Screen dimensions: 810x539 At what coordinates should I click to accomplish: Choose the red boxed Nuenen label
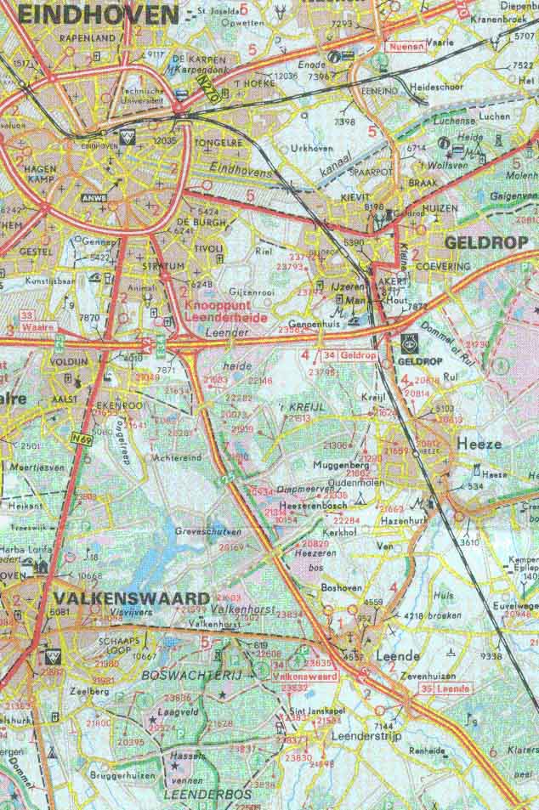(x=406, y=47)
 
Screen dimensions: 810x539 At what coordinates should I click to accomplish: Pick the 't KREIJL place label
(x=303, y=408)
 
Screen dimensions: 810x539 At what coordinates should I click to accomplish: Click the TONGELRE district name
(x=218, y=142)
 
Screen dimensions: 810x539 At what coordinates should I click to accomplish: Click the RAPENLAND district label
(x=87, y=39)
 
